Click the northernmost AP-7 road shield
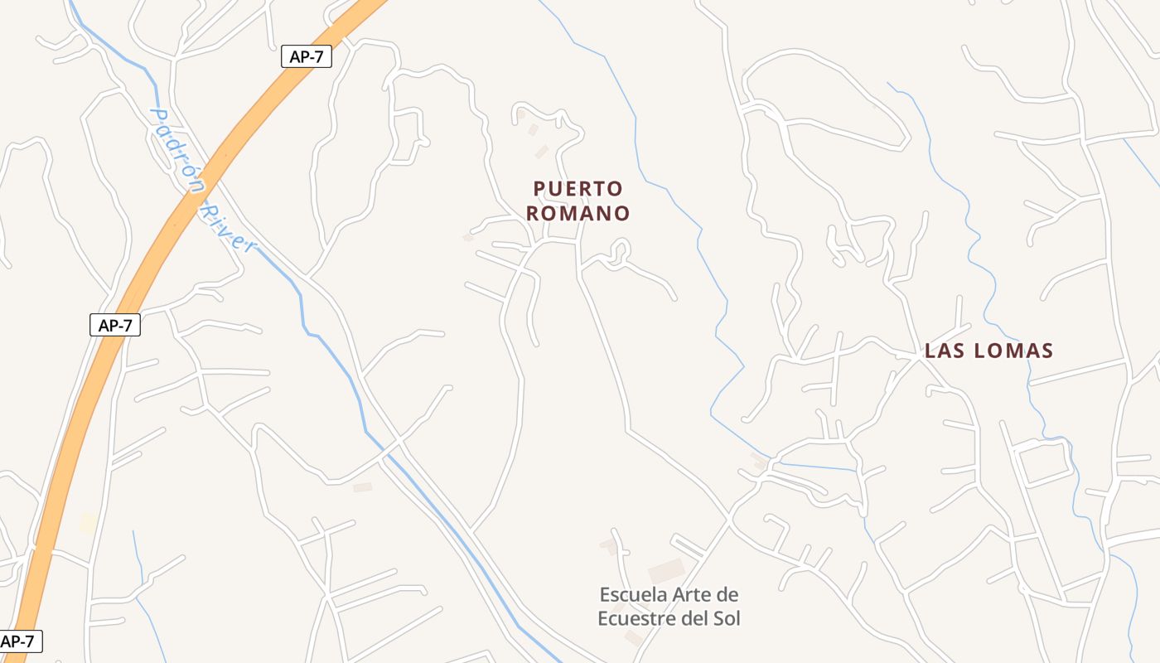306,56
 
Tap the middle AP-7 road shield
115,326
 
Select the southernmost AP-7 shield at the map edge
18,641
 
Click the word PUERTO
578,189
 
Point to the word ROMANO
578,213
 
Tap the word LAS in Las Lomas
944,351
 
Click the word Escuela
632,594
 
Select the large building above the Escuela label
665,570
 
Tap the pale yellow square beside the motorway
88,523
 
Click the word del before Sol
696,618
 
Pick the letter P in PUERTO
539,189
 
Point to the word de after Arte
727,594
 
